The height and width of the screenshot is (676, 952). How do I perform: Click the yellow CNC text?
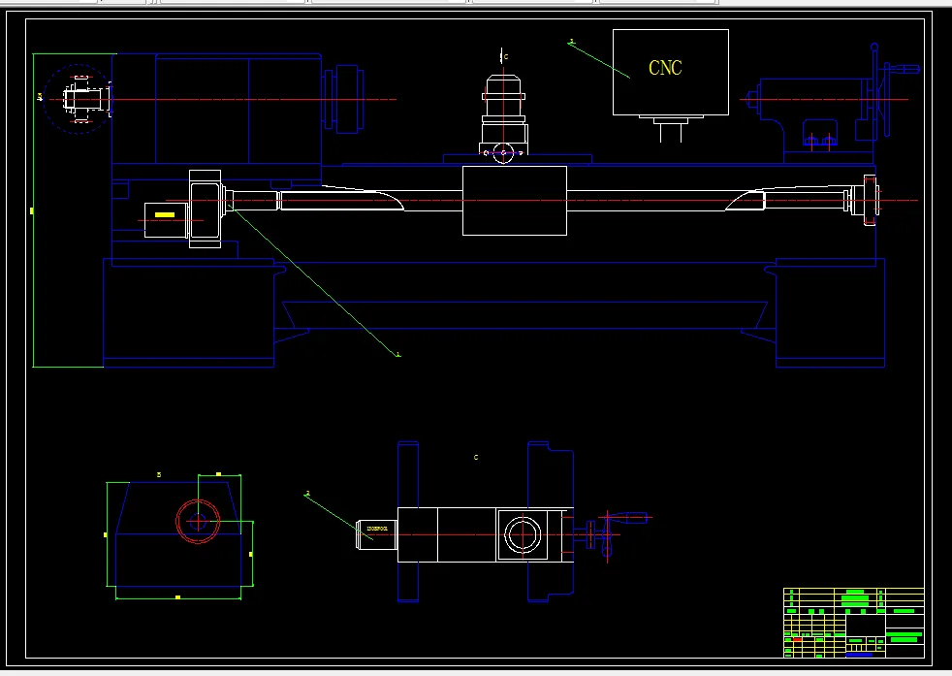(x=665, y=68)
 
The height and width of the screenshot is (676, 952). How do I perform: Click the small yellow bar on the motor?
(x=165, y=214)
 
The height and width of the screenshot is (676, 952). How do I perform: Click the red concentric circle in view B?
(x=198, y=521)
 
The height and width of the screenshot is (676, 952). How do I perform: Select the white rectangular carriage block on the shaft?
(x=514, y=200)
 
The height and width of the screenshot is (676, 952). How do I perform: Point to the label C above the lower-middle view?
(x=475, y=457)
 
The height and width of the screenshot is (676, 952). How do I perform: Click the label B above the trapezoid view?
(x=159, y=474)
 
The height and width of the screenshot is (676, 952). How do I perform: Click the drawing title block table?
(x=853, y=622)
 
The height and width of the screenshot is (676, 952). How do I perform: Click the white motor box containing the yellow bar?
(x=169, y=220)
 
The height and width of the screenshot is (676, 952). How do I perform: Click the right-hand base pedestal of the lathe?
(x=831, y=312)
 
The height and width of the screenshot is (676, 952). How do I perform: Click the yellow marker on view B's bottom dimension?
(x=177, y=597)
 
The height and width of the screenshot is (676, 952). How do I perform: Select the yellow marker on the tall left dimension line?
(x=32, y=209)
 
